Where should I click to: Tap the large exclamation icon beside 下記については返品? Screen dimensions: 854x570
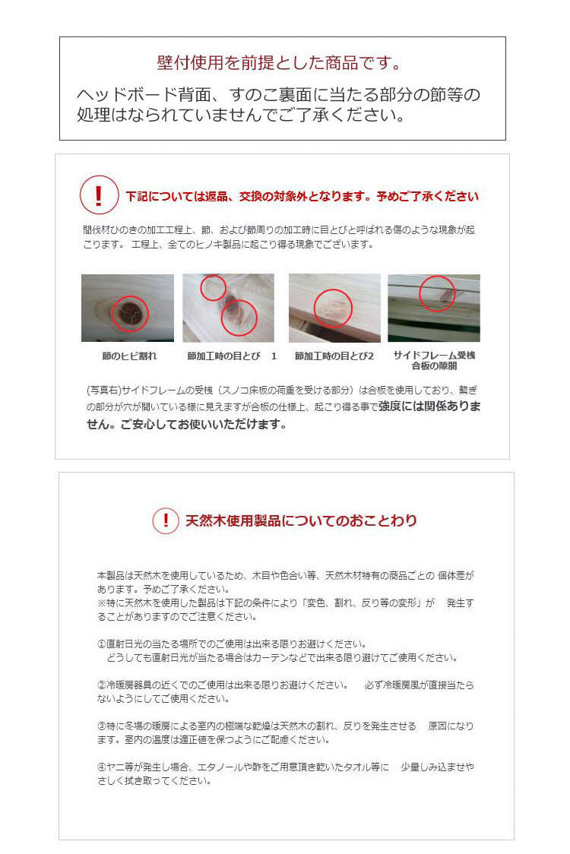coord(99,195)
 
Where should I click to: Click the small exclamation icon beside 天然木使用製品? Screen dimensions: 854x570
coord(165,520)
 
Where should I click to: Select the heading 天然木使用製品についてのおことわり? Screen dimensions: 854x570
coord(301,521)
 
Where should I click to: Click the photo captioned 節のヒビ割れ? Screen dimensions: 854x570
coord(127,308)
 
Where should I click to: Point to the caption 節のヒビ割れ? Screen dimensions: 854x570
coord(129,356)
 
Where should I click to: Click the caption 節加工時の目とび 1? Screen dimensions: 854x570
coord(232,356)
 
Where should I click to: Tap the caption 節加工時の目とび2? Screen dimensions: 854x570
coord(334,356)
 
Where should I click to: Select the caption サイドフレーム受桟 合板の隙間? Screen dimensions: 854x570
coord(433,360)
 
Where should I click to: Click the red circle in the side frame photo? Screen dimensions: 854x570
coord(436,293)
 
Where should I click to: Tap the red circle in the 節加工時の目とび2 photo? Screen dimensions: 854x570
coord(333,308)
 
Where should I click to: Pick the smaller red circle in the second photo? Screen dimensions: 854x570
coord(213,287)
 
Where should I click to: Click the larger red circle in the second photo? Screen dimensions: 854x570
coord(239,317)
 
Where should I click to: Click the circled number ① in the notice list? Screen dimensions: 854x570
coord(102,644)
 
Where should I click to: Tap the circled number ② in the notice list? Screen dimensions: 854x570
coord(102,685)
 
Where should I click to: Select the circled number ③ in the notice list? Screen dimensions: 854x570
coord(102,726)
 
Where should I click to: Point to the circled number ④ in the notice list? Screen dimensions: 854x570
coord(102,767)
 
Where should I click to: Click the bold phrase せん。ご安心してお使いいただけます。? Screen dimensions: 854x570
coord(186,425)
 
